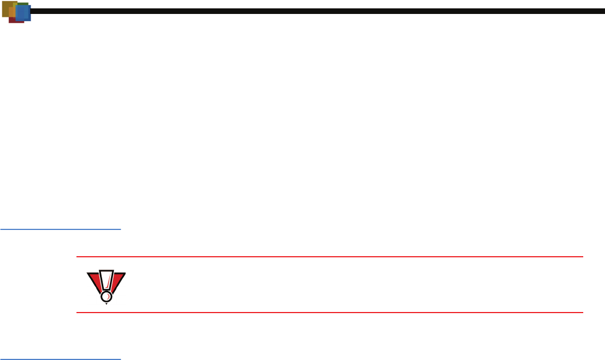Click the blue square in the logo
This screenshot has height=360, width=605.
tap(23, 13)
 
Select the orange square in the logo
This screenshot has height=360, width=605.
tap(12, 12)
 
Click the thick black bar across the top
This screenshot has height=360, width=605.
tap(313, 11)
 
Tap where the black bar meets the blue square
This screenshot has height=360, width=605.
tap(31, 11)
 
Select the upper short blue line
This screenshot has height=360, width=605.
tap(60, 229)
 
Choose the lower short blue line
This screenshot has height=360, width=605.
tap(60, 359)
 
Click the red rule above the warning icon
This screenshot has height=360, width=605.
tap(329, 257)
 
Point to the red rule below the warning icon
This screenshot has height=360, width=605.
tap(329, 312)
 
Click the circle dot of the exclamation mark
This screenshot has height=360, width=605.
tap(106, 296)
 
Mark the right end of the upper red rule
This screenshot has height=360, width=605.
tap(582, 257)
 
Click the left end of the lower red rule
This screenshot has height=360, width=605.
tap(78, 312)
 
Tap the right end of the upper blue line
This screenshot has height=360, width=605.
tap(120, 229)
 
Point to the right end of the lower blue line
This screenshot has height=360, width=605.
tap(120, 359)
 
